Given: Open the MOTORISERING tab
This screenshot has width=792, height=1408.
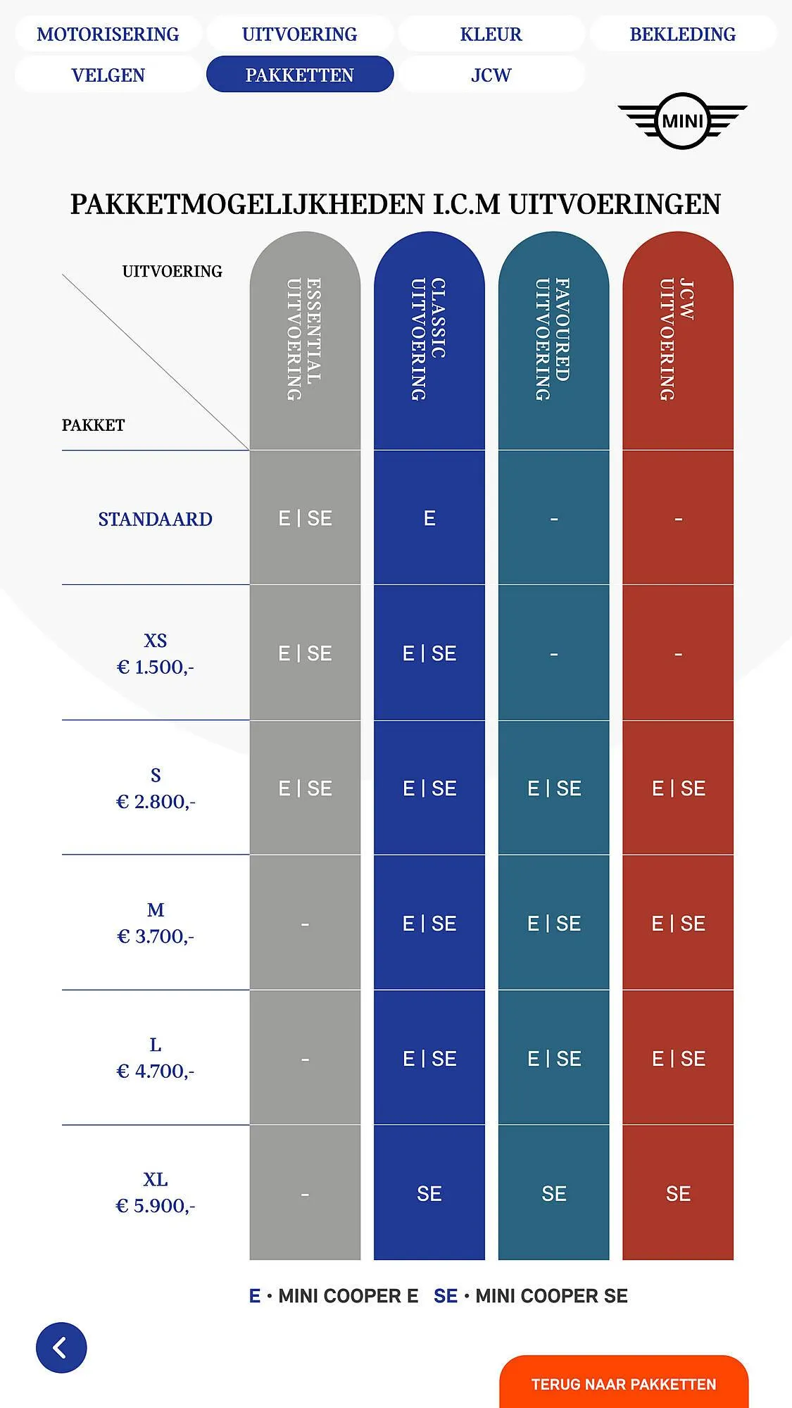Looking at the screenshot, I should (108, 34).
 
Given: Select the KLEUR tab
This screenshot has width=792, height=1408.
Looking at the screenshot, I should (491, 34).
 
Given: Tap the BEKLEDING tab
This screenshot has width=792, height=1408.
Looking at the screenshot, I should (682, 34).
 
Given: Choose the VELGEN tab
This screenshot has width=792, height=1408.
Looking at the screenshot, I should (108, 75).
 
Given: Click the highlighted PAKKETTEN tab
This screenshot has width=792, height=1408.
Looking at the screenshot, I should (299, 75).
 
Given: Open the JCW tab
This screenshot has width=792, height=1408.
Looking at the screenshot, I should (491, 75).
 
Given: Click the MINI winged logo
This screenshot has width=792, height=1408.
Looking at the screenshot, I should (682, 121).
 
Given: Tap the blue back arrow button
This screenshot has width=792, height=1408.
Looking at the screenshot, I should (61, 1347).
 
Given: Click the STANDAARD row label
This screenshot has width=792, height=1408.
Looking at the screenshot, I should (155, 519).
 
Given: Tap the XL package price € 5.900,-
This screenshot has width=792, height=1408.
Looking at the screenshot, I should (155, 1206).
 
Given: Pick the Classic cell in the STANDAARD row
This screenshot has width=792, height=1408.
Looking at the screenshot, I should (429, 519).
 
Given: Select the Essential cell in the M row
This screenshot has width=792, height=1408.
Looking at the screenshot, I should (305, 924).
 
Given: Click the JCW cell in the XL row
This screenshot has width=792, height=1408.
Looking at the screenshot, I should (678, 1193).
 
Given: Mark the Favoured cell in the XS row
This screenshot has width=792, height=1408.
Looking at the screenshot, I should (553, 654).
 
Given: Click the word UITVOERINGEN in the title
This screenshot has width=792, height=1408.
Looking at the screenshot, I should (614, 204).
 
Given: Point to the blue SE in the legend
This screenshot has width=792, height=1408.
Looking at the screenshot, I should (446, 1296).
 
